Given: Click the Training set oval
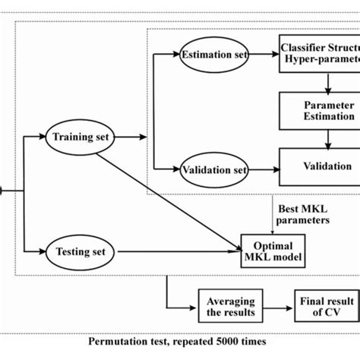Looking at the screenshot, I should click(x=81, y=137).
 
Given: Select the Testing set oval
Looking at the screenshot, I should click(x=81, y=249).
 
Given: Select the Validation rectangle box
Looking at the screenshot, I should click(x=318, y=166).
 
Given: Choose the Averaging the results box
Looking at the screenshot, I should click(x=226, y=304).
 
